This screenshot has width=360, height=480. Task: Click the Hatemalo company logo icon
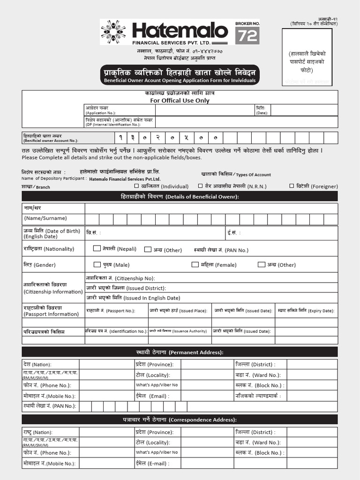(x=113, y=32)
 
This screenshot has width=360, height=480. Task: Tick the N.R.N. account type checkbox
(x=201, y=186)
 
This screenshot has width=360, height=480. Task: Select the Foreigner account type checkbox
(x=292, y=186)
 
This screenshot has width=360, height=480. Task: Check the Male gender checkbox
(x=97, y=264)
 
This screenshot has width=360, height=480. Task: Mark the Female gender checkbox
(x=195, y=264)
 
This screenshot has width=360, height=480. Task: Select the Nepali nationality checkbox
(x=97, y=248)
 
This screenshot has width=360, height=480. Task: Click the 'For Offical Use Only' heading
(x=180, y=100)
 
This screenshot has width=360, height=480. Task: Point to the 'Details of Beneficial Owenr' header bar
(x=180, y=196)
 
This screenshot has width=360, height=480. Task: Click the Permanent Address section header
(x=180, y=352)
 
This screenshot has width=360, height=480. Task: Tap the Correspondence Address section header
(x=180, y=420)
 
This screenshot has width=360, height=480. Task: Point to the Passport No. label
(x=111, y=310)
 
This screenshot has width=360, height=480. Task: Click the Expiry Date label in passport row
(x=306, y=310)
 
